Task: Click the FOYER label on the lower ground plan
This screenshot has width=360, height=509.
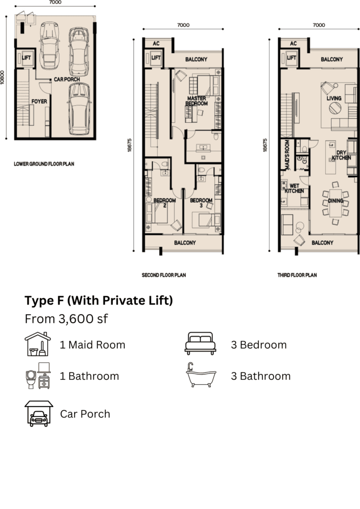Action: pyautogui.click(x=39, y=101)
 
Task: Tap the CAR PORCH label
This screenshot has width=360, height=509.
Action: pyautogui.click(x=67, y=79)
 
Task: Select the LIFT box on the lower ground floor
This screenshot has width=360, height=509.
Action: pyautogui.click(x=26, y=58)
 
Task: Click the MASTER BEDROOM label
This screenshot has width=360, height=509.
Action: pyautogui.click(x=196, y=100)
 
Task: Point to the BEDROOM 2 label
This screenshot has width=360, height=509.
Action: pyautogui.click(x=165, y=203)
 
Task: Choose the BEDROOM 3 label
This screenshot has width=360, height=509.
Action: pyautogui.click(x=201, y=203)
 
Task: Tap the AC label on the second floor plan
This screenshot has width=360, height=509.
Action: pyautogui.click(x=156, y=44)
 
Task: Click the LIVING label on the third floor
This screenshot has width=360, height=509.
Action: pyautogui.click(x=334, y=98)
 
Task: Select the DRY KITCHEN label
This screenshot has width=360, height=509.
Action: pyautogui.click(x=341, y=155)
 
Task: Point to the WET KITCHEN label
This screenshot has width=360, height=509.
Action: pyautogui.click(x=294, y=188)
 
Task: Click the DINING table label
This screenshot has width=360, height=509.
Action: pyautogui.click(x=336, y=201)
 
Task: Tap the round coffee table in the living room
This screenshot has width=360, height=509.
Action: pyautogui.click(x=335, y=108)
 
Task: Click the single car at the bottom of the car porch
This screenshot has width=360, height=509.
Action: pyautogui.click(x=79, y=109)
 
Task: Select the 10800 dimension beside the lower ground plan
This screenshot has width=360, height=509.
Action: pyautogui.click(x=2, y=77)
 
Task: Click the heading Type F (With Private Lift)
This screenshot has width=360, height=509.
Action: pyautogui.click(x=98, y=301)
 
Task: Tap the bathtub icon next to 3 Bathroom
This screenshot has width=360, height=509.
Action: pyautogui.click(x=201, y=375)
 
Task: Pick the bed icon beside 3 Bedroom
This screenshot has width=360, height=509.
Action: pyautogui.click(x=200, y=343)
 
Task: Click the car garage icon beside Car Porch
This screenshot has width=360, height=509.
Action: pyautogui.click(x=39, y=414)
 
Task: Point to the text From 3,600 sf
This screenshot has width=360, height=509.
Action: pyautogui.click(x=66, y=319)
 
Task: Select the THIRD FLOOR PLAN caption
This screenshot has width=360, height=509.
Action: pyautogui.click(x=297, y=275)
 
